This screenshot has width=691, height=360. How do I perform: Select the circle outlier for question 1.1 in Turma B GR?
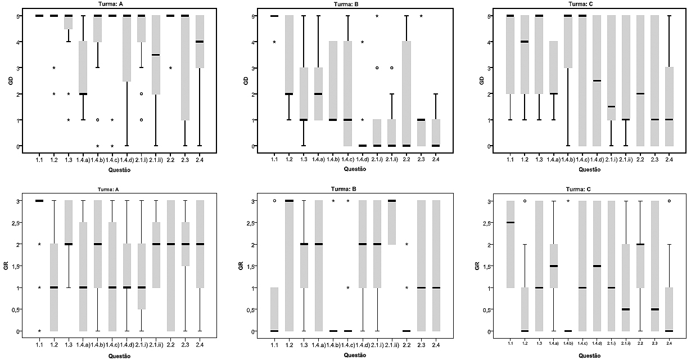pyautogui.click(x=274, y=200)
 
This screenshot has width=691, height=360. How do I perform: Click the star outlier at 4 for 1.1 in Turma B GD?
pyautogui.click(x=274, y=42)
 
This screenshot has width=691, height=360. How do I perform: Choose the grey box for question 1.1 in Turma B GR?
pyautogui.click(x=274, y=309)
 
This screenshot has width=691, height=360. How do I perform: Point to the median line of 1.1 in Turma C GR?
pyautogui.click(x=510, y=222)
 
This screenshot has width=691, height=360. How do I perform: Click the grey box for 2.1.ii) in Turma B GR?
pyautogui.click(x=391, y=222)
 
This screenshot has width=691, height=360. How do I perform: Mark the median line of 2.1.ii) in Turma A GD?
pyautogui.click(x=156, y=55)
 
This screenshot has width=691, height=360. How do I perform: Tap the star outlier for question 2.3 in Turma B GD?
pyautogui.click(x=421, y=16)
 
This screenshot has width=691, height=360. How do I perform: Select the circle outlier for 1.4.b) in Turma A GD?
pyautogui.click(x=98, y=120)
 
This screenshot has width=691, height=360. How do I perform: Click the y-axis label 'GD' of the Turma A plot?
pyautogui.click(x=10, y=81)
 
